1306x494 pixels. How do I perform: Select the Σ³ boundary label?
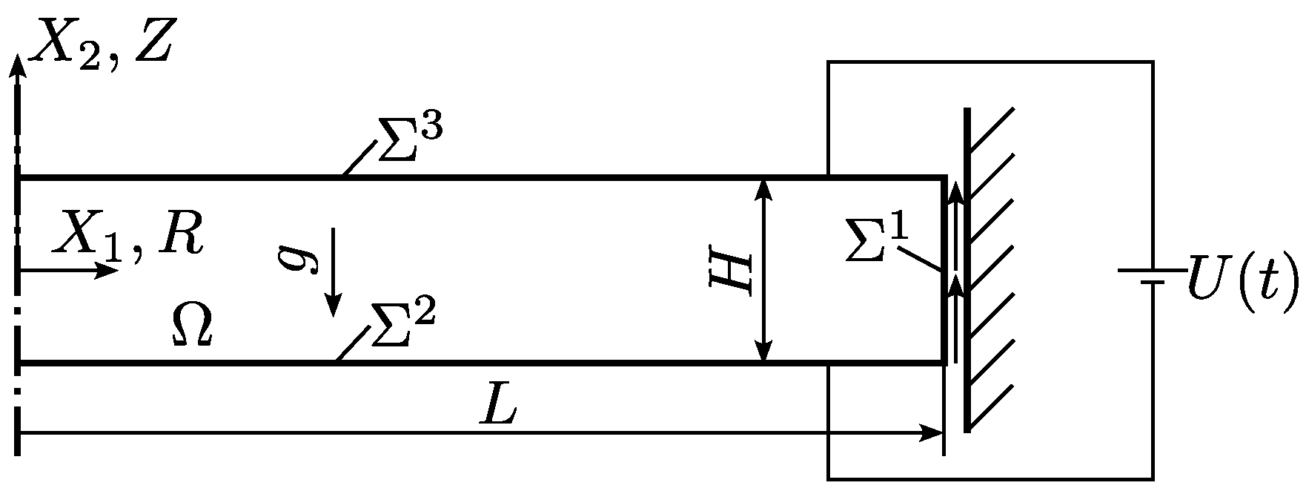pyautogui.click(x=410, y=139)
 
